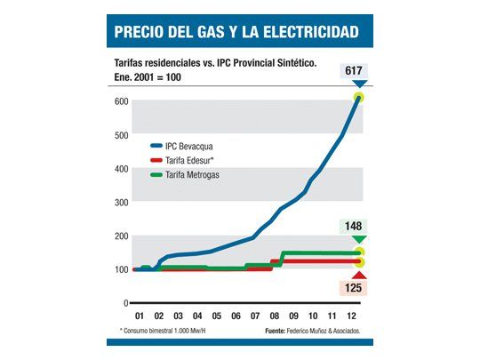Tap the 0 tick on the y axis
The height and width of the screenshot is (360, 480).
(x=124, y=303)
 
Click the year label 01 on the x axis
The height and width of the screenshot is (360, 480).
(x=140, y=316)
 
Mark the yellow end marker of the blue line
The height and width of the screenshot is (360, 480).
(x=359, y=97)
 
